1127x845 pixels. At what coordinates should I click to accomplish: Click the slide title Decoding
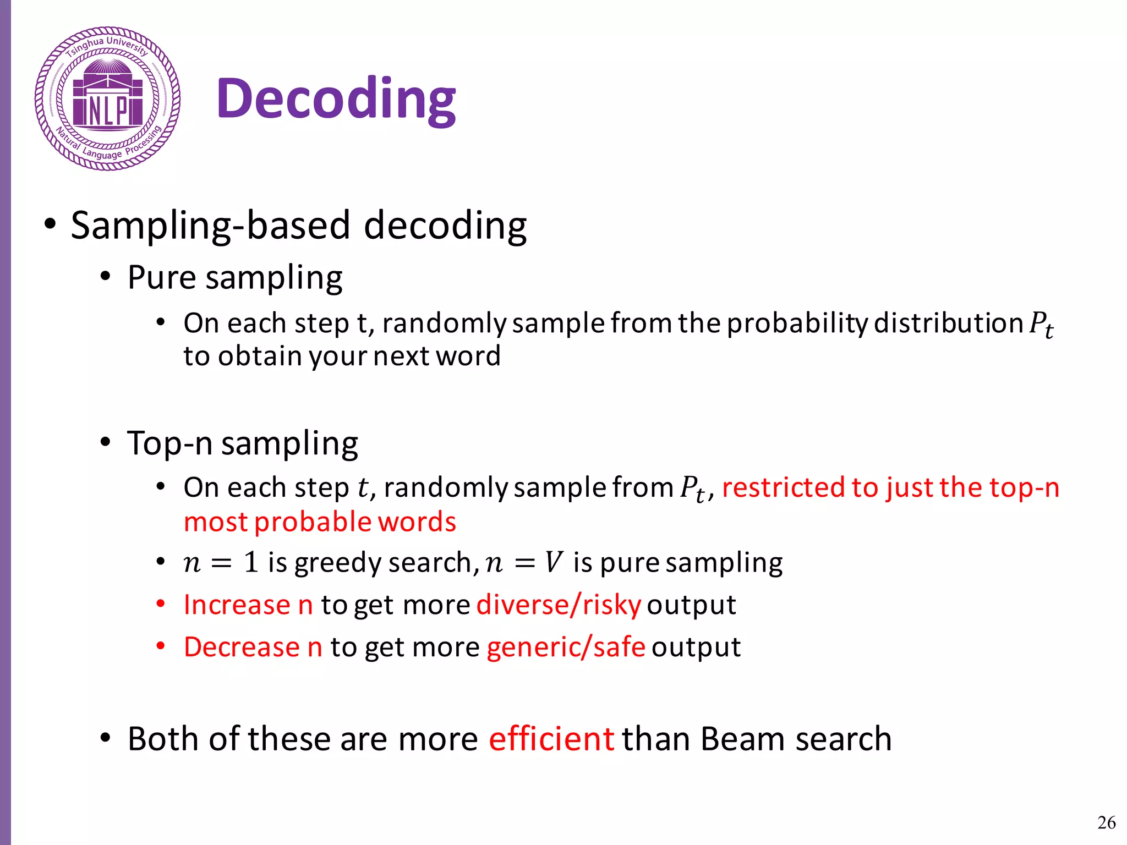point(336,99)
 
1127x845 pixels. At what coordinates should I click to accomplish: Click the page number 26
point(1106,822)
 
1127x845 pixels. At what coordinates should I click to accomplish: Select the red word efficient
point(551,738)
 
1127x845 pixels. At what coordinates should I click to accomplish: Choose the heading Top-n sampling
point(243,443)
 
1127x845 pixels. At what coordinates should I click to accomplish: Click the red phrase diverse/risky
point(559,605)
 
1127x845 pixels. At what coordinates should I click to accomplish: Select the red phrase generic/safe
point(566,646)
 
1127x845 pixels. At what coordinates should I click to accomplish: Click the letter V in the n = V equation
point(554,562)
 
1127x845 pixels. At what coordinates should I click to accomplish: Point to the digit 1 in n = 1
point(251,562)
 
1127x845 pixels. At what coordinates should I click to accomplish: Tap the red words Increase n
point(248,605)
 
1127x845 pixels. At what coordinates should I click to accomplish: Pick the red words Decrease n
point(253,646)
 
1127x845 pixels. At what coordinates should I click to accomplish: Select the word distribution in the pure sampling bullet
point(948,323)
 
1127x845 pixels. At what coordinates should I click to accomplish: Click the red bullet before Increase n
point(160,603)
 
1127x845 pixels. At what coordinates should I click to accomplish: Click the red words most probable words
point(320,522)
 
